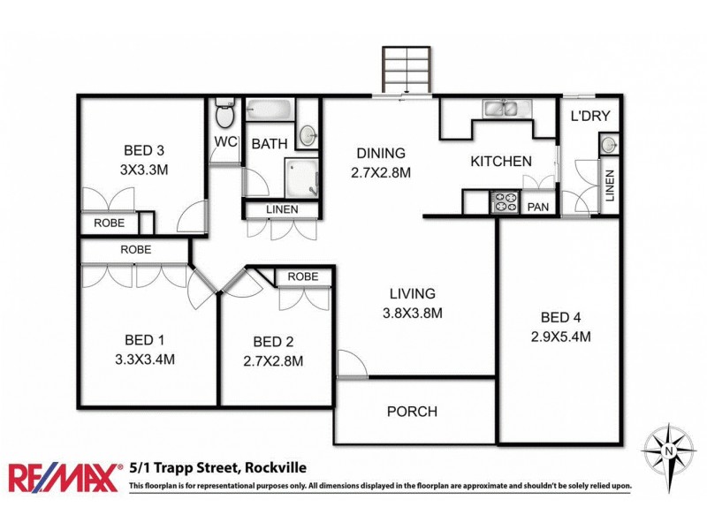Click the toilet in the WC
point(225,113)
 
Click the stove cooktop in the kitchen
point(505,203)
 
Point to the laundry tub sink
point(608,144)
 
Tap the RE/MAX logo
point(65,477)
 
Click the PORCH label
point(412,412)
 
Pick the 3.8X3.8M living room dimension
point(413,313)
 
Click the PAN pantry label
point(538,207)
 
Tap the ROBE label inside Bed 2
point(303,276)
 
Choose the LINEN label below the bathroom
point(282,209)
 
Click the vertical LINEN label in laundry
point(609,185)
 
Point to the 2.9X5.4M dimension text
point(560,337)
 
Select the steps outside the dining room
point(407,69)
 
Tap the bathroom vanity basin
point(307,135)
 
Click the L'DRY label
point(590,117)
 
